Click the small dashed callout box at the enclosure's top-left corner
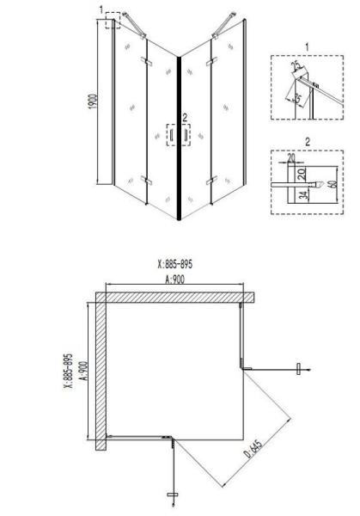coord(111,19)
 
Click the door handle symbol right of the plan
coord(298,369)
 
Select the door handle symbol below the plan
coord(172,494)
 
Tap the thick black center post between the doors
coord(178,138)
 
